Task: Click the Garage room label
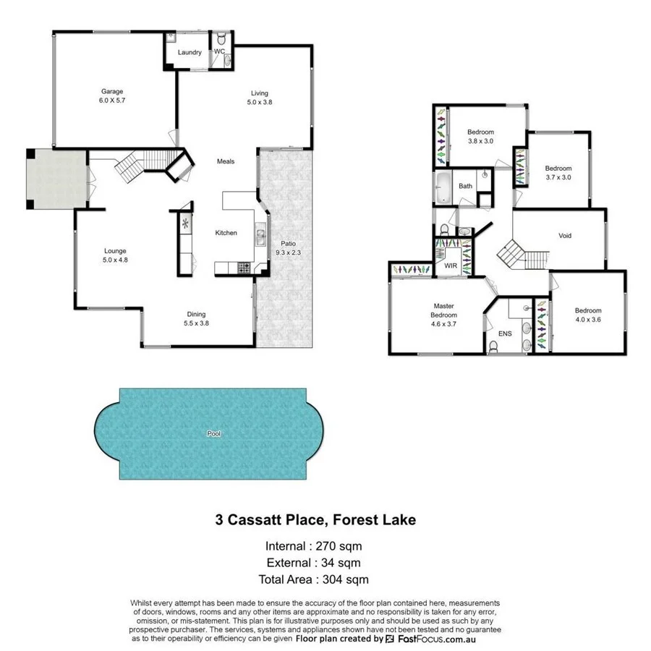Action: [x=112, y=92]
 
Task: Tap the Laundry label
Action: [x=190, y=52]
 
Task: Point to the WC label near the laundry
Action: [x=219, y=51]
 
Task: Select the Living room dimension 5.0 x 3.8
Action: [x=260, y=103]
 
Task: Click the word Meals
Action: [x=226, y=161]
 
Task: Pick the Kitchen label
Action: [x=226, y=233]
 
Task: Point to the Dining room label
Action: [x=197, y=314]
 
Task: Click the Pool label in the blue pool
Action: [x=213, y=434]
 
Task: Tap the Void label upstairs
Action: [x=565, y=236]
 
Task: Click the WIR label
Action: [x=451, y=266]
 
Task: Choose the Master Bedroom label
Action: [x=445, y=310]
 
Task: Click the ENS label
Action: [x=504, y=334]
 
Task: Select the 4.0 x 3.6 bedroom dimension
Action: [x=588, y=319]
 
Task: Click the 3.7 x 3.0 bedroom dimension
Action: [x=558, y=177]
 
